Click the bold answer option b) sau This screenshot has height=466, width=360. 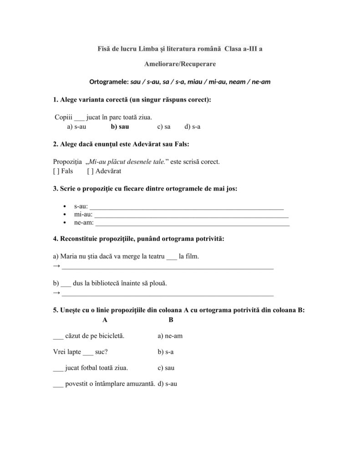pyautogui.click(x=120, y=127)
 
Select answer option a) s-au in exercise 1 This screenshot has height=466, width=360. pyautogui.click(x=76, y=127)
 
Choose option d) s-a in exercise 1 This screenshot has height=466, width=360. pyautogui.click(x=193, y=127)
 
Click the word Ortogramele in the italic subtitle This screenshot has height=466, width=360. pyautogui.click(x=109, y=82)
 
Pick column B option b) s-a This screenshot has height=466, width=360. pyautogui.click(x=166, y=352)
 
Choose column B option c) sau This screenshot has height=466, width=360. pyautogui.click(x=167, y=368)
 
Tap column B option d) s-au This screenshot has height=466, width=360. pyautogui.click(x=167, y=384)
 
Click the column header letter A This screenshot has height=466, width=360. pyautogui.click(x=105, y=320)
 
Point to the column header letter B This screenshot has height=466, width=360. pyautogui.click(x=171, y=320)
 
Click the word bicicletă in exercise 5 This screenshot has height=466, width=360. pyautogui.click(x=111, y=336)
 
